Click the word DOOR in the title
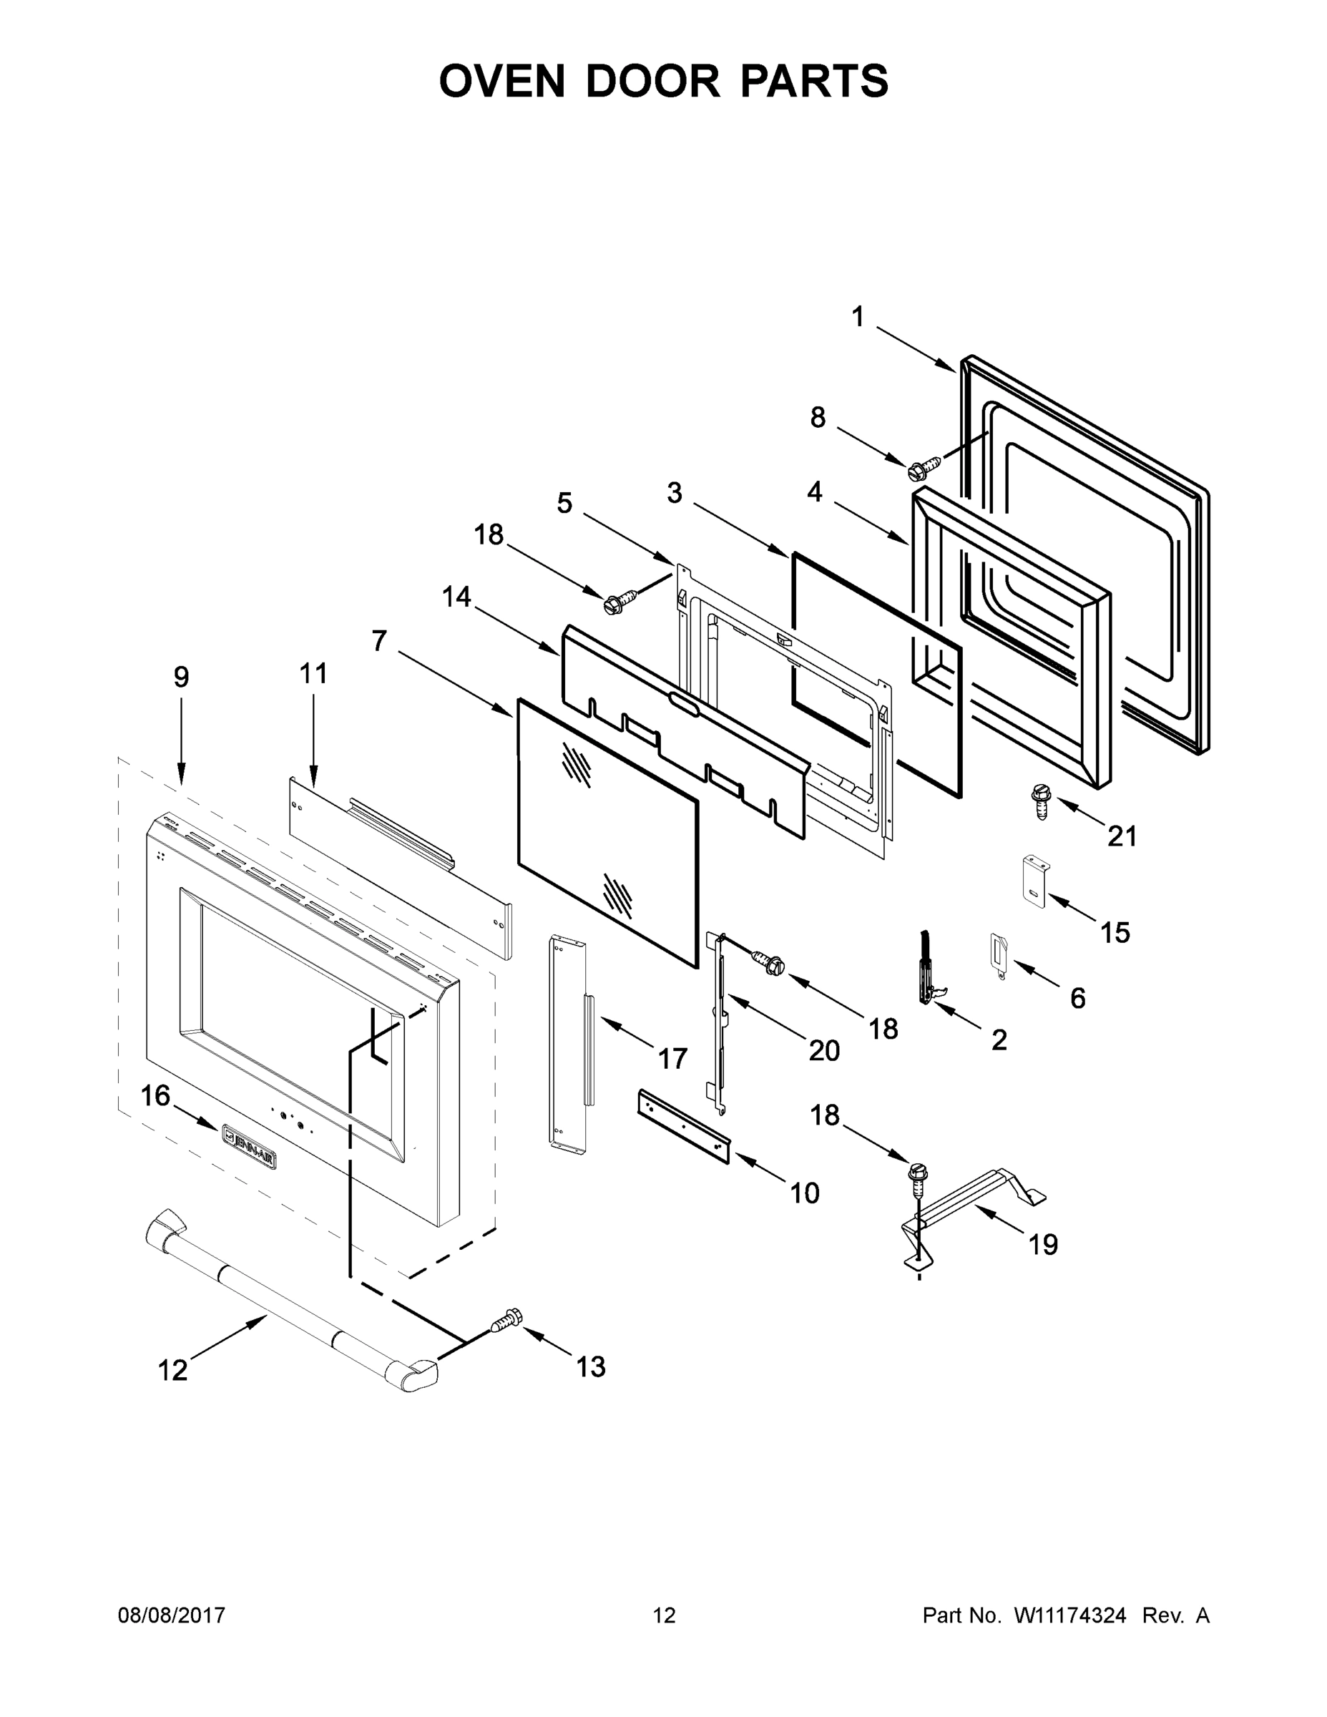coord(652,81)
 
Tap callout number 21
coord(1122,836)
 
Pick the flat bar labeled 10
coord(682,1126)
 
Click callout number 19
coord(1043,1245)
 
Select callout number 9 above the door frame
coord(182,676)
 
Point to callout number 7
coord(380,642)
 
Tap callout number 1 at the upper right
coord(858,317)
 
